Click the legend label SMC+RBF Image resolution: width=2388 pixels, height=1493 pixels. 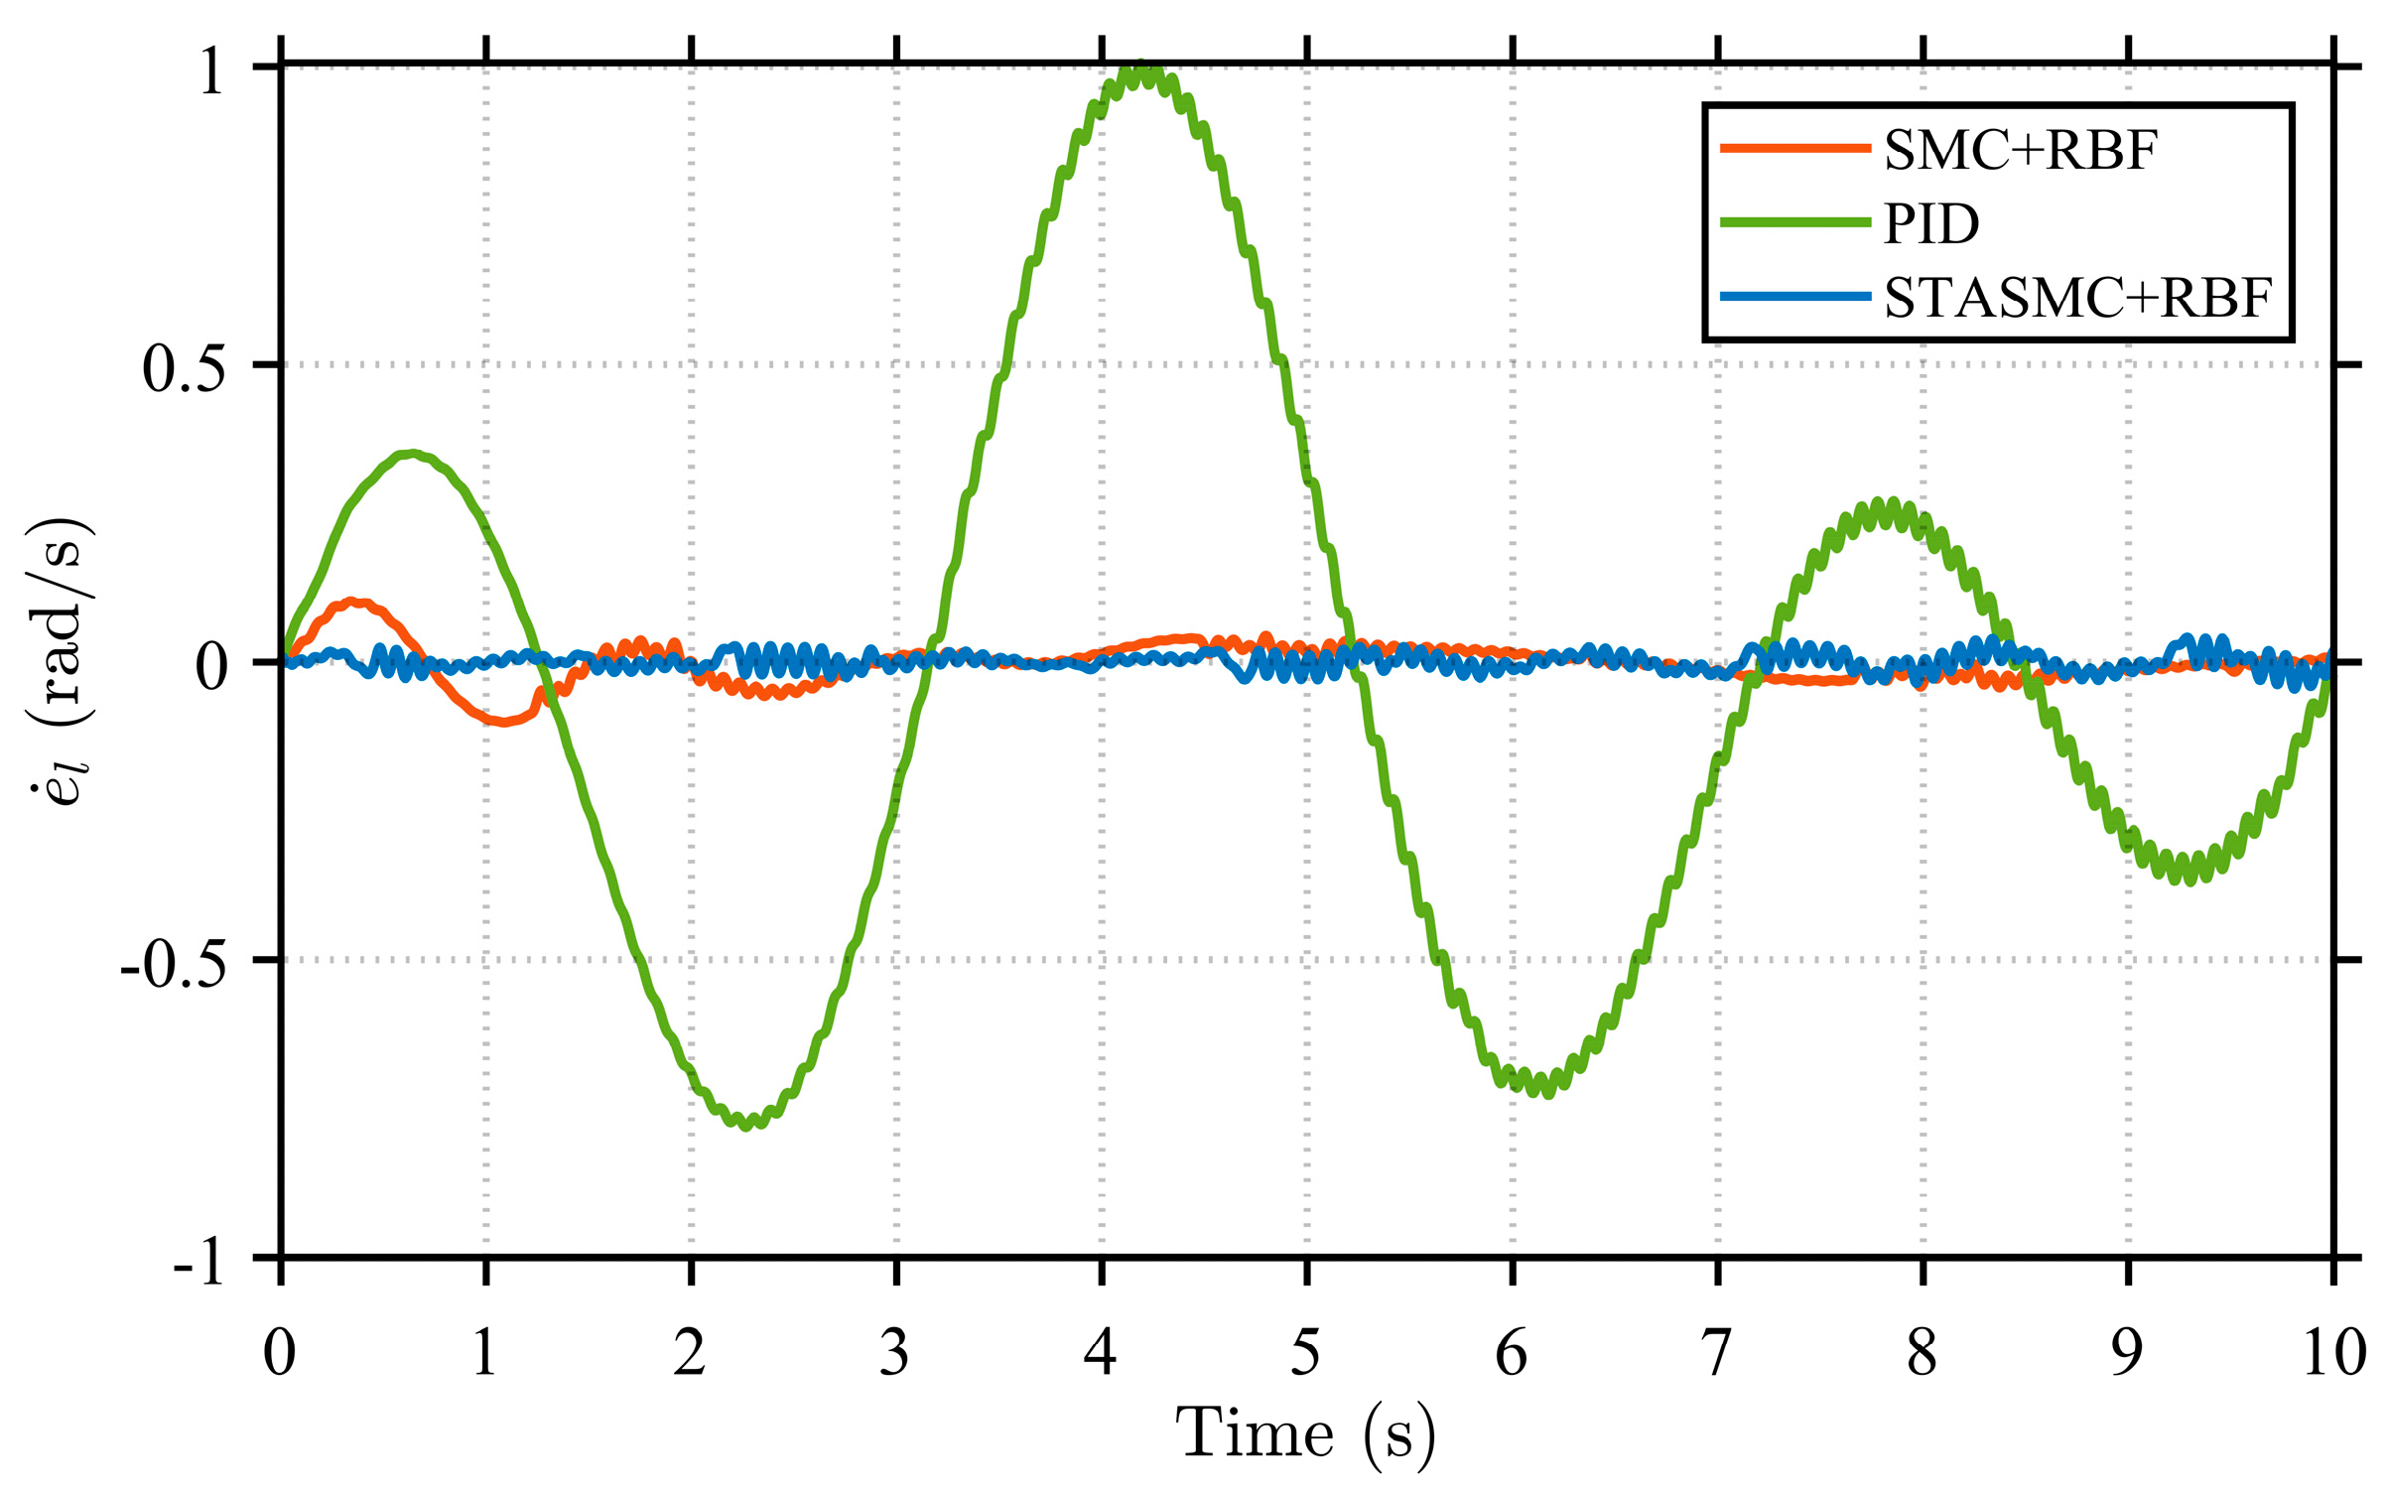tap(2020, 151)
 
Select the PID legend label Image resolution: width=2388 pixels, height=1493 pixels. tap(1931, 224)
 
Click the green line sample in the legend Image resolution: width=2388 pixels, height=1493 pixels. tap(1794, 222)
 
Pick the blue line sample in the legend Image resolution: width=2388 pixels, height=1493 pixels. tap(1794, 296)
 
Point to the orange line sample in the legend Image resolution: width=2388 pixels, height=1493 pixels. tap(1794, 149)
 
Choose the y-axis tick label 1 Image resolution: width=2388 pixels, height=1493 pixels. tap(211, 72)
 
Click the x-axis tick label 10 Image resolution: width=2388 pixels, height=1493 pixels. tap(2333, 1352)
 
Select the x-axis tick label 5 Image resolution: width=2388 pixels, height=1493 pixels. tap(1305, 1352)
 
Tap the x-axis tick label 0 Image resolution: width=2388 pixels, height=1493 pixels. tap(280, 1352)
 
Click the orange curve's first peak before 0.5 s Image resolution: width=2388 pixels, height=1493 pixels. tap(352, 602)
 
